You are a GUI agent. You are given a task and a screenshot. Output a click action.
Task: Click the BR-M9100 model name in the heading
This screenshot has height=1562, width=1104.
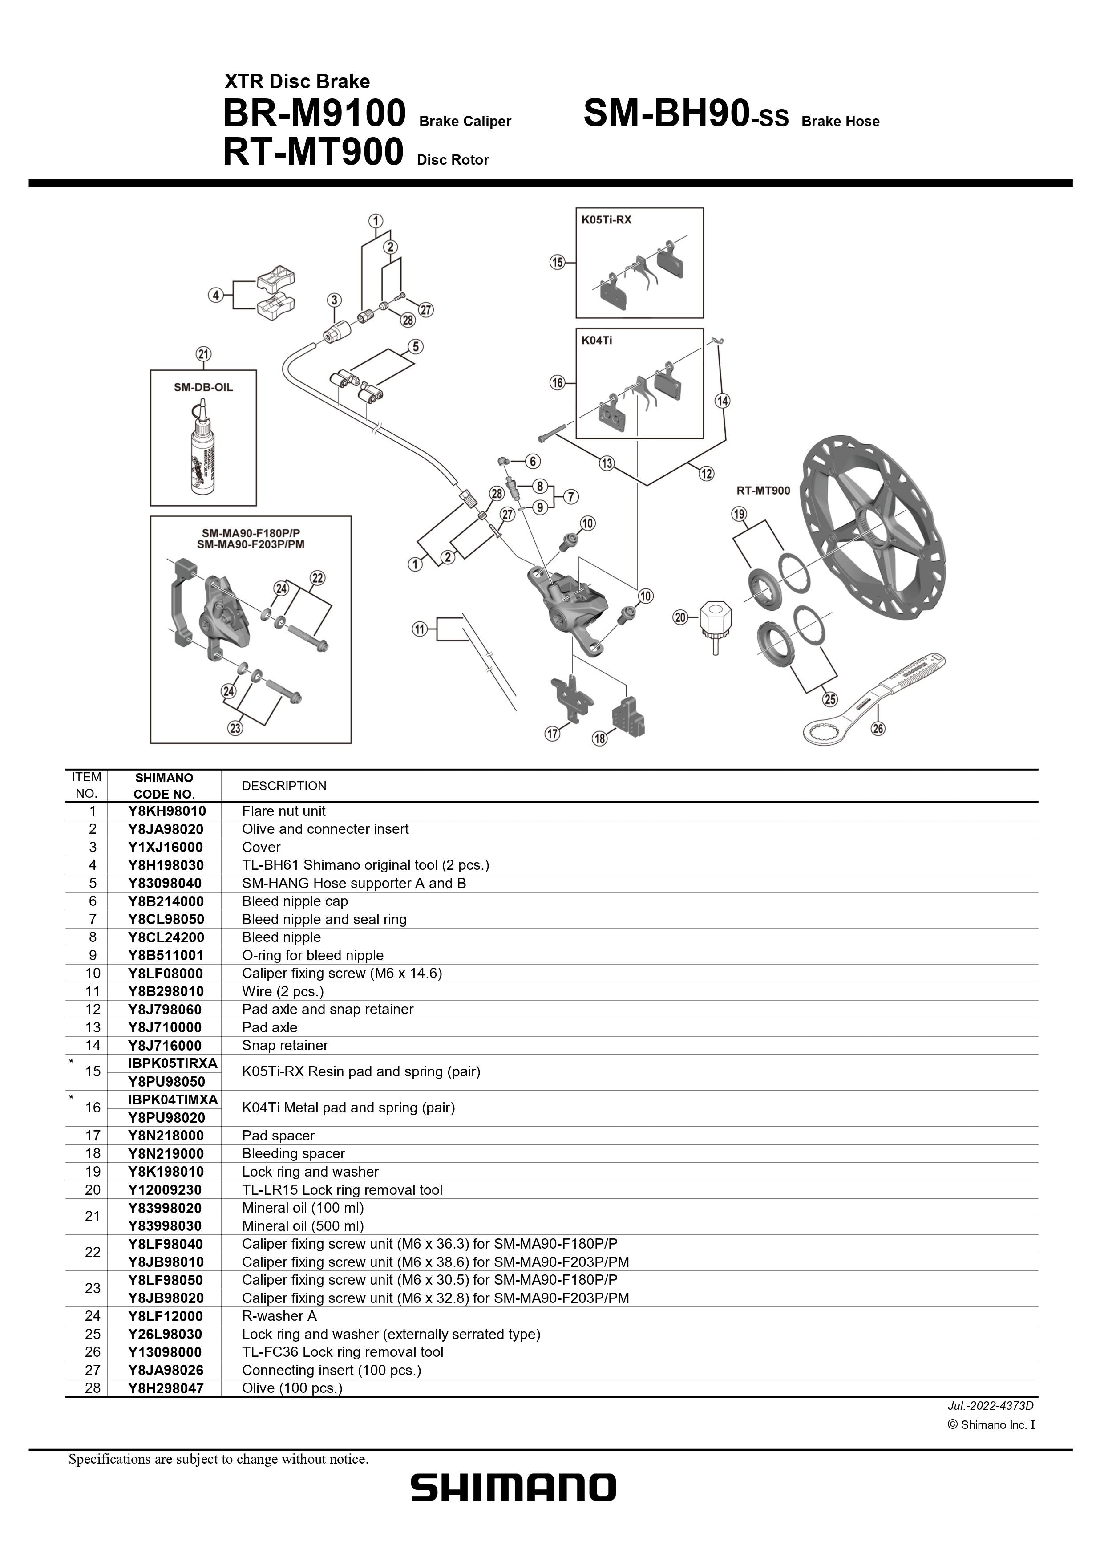coord(314,114)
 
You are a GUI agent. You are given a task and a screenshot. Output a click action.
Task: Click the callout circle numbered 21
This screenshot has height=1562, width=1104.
coord(203,354)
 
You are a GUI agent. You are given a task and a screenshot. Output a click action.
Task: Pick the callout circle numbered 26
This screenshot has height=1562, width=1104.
coord(878,729)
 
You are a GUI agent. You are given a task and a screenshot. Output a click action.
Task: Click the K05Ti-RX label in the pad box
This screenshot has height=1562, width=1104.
coord(606,220)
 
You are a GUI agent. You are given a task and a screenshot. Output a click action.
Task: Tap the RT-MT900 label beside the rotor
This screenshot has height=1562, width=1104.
coord(763,491)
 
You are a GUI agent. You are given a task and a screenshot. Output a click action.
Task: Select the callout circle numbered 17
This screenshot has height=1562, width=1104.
coord(552,734)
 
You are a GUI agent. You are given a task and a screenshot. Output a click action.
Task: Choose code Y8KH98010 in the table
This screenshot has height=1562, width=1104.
coord(167,811)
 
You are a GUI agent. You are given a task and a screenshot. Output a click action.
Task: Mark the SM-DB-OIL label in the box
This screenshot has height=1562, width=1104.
coord(203,387)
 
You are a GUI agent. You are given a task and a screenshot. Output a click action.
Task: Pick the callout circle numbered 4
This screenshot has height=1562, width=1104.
coord(216,295)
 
